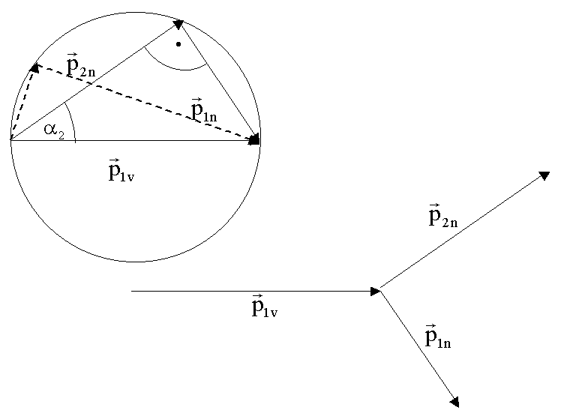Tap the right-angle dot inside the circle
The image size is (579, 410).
(178, 44)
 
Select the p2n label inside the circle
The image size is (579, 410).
(81, 67)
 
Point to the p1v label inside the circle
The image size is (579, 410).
(124, 170)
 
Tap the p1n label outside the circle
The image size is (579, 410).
(438, 337)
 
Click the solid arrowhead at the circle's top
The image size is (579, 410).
(178, 24)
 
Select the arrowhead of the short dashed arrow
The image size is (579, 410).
(33, 68)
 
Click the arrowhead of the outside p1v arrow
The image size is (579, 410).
(376, 291)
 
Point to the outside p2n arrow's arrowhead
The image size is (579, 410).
(545, 175)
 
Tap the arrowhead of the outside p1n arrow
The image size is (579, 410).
(454, 402)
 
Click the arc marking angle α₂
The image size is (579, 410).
(72, 120)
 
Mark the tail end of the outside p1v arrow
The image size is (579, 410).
(132, 291)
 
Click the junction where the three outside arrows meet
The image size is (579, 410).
(381, 291)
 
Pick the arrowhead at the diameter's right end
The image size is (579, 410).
(254, 139)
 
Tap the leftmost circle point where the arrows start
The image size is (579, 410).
(11, 140)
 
